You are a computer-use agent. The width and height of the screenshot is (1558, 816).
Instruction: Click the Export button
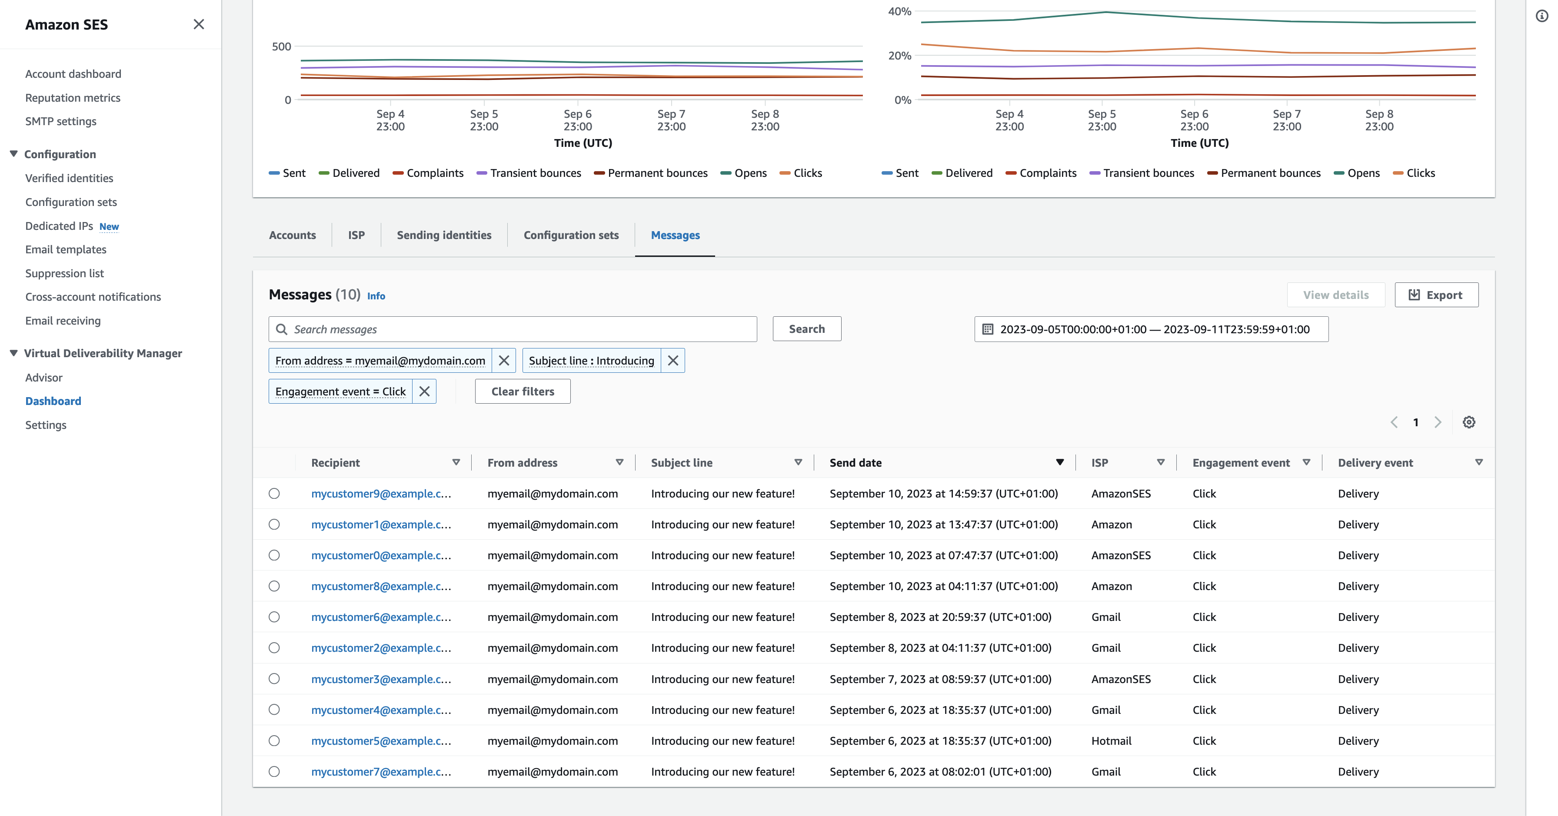tap(1436, 295)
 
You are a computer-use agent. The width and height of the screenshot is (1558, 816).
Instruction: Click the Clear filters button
tap(522, 391)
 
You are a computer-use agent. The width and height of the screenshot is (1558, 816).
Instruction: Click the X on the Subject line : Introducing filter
tap(672, 360)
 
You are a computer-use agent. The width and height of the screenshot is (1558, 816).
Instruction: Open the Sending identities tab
tap(443, 235)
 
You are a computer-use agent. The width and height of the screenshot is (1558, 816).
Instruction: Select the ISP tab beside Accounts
tap(356, 235)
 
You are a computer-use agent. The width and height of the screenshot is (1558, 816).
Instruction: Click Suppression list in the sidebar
tap(64, 273)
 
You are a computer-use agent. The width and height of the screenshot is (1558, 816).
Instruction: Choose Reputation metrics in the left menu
tap(73, 97)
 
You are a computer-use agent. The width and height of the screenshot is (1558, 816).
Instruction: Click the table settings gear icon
tap(1468, 422)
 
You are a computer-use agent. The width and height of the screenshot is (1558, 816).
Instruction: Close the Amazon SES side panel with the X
tap(198, 24)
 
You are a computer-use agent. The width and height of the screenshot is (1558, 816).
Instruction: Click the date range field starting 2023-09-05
tap(1151, 329)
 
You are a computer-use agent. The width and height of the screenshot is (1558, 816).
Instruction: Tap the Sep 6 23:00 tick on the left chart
tap(578, 119)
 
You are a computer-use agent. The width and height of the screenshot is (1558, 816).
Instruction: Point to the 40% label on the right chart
tap(899, 11)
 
